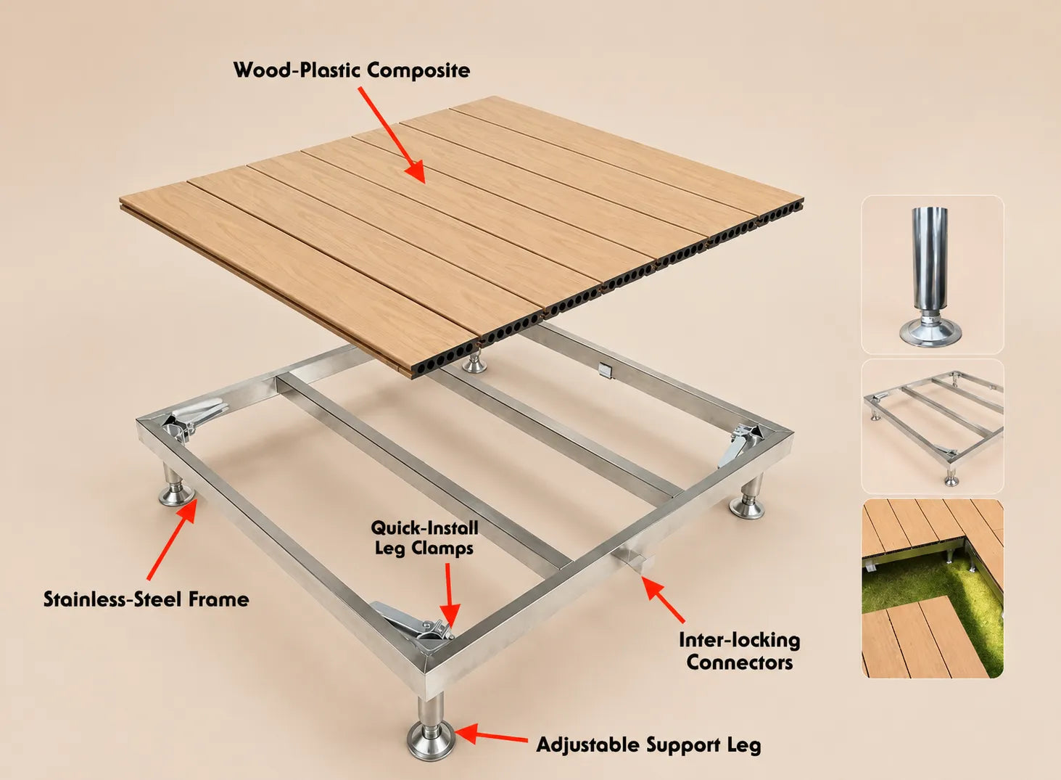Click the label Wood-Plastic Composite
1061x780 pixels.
coord(352,70)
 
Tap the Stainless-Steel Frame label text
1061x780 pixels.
coord(146,599)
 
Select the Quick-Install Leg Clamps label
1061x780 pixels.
coord(424,538)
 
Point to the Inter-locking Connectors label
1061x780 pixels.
coord(740,651)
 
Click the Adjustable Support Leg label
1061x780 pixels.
coord(648,744)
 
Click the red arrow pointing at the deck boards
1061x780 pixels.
coord(392,135)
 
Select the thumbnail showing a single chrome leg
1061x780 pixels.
coord(932,275)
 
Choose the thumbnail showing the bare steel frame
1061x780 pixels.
coord(932,427)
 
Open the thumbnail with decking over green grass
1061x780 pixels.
coord(932,588)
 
